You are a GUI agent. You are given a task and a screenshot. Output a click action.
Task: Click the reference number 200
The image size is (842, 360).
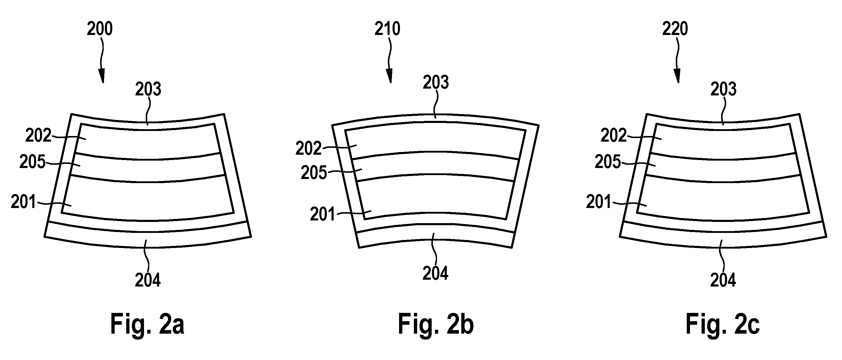tap(100, 29)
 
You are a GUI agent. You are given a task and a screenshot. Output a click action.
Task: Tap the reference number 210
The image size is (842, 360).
tap(387, 29)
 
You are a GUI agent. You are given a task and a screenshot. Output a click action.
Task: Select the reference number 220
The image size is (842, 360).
tap(675, 29)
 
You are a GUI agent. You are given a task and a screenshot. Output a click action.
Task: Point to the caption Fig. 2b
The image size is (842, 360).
tap(436, 324)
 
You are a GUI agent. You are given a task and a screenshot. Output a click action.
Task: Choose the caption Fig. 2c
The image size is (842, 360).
tap(723, 324)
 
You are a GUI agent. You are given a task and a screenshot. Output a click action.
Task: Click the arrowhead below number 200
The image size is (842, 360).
tap(102, 76)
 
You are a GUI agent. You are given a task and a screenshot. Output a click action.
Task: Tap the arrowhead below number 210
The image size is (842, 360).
tap(390, 76)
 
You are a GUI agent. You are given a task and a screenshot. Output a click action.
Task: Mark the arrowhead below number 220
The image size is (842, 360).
tap(677, 76)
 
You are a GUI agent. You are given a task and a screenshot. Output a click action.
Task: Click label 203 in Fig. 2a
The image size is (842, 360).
tap(148, 89)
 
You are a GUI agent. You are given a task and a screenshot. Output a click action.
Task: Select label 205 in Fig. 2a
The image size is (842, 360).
tap(32, 161)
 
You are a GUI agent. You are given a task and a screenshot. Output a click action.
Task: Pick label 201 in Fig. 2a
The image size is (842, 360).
tap(23, 202)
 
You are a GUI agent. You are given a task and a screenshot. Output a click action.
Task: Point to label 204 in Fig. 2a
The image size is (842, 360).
tap(148, 280)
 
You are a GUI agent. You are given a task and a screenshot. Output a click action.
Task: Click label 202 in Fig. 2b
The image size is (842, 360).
tap(308, 148)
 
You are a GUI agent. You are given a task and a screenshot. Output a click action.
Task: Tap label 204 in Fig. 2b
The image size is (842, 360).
tap(436, 273)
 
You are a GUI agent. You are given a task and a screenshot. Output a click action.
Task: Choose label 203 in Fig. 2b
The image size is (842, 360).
tap(436, 82)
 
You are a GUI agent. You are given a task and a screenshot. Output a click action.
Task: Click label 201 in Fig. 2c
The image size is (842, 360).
tap(599, 202)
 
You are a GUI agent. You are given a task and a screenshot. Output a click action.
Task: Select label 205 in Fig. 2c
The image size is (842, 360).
tap(608, 161)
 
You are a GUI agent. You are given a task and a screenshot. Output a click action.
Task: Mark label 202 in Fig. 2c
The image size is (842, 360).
tap(614, 135)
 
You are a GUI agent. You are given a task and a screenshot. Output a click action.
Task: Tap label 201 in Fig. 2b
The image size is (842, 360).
tap(323, 215)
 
